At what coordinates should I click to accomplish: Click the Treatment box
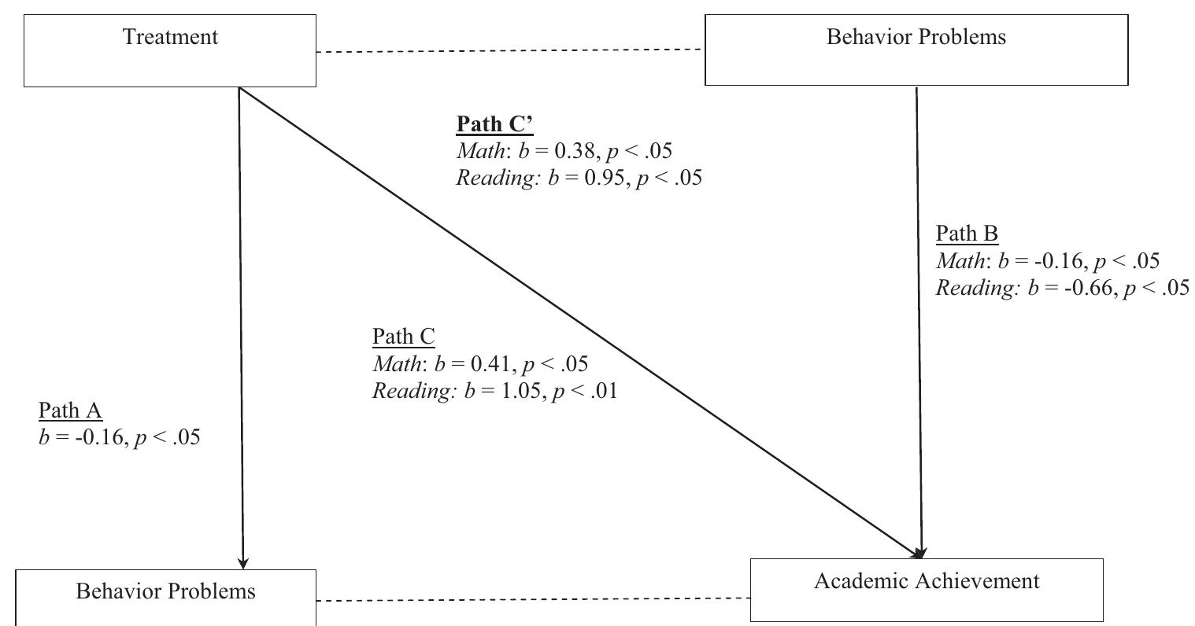coord(170,50)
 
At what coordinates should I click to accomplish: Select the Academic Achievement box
coord(927,589)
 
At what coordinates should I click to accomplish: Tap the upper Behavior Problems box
coord(916,49)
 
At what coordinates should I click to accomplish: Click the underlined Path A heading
coord(71,411)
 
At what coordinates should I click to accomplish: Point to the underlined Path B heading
coord(967,234)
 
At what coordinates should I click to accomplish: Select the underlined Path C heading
coord(403,337)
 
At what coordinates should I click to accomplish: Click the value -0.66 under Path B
coord(1079,288)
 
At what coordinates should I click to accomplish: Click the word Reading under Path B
coord(977,288)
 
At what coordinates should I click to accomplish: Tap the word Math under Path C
coord(397,363)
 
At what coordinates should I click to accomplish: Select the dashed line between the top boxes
coord(510,51)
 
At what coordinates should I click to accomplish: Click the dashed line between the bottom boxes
coord(533,600)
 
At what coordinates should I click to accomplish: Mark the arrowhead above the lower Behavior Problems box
coord(243,562)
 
